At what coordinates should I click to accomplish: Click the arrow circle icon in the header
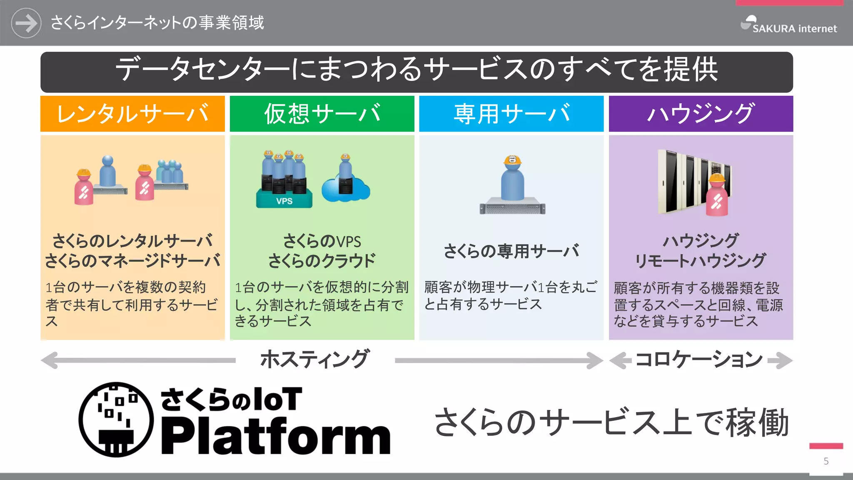(26, 23)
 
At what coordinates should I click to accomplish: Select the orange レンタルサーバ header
(132, 114)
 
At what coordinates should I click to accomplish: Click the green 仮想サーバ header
(322, 114)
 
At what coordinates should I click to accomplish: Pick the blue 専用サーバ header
(511, 114)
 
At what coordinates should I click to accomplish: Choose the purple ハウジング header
(701, 114)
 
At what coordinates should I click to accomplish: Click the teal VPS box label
(284, 201)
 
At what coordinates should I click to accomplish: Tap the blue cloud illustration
(346, 190)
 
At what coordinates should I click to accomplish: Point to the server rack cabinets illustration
(683, 181)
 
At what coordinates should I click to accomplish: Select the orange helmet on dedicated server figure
(512, 160)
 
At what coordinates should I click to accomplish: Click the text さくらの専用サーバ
(511, 251)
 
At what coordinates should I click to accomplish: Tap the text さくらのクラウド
(322, 261)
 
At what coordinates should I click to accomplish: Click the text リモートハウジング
(700, 261)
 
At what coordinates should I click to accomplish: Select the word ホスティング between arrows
(314, 359)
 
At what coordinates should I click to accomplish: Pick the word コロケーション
(700, 359)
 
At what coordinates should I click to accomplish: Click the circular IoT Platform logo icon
(116, 420)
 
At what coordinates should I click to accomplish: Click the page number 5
(826, 461)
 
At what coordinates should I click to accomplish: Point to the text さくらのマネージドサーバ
(132, 261)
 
